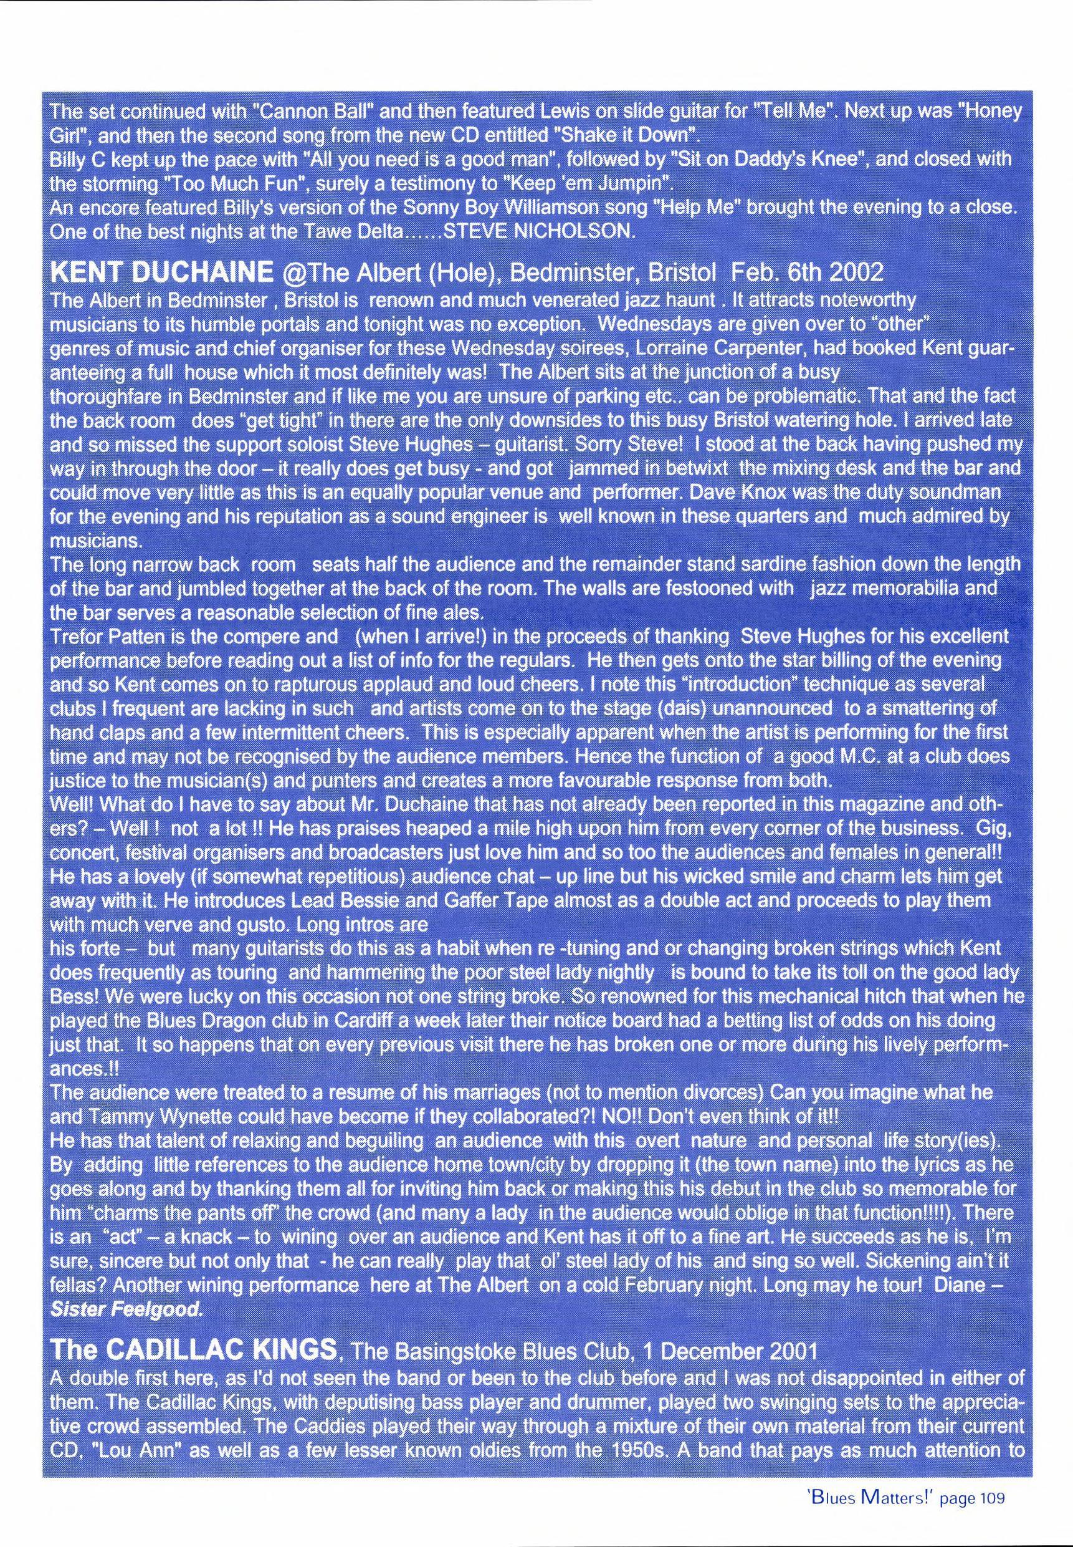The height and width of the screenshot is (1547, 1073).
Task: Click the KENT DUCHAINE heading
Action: coord(161,272)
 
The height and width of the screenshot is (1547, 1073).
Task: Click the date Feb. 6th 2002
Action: coord(807,272)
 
